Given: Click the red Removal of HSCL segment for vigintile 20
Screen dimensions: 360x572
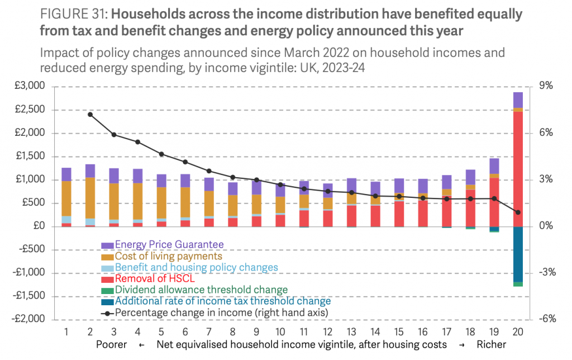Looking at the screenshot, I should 518,168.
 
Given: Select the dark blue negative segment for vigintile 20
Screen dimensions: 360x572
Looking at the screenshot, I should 518,254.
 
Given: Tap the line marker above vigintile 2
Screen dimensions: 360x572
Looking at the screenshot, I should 90,114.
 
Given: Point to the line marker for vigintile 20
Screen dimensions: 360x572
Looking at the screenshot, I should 518,212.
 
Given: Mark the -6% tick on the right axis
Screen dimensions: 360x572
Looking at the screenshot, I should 545,319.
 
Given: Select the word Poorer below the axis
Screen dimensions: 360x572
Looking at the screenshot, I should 111,344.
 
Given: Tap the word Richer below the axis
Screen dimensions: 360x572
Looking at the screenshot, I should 492,344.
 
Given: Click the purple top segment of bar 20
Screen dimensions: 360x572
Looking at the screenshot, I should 518,100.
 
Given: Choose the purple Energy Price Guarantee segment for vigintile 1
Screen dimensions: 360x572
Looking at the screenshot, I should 66,174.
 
